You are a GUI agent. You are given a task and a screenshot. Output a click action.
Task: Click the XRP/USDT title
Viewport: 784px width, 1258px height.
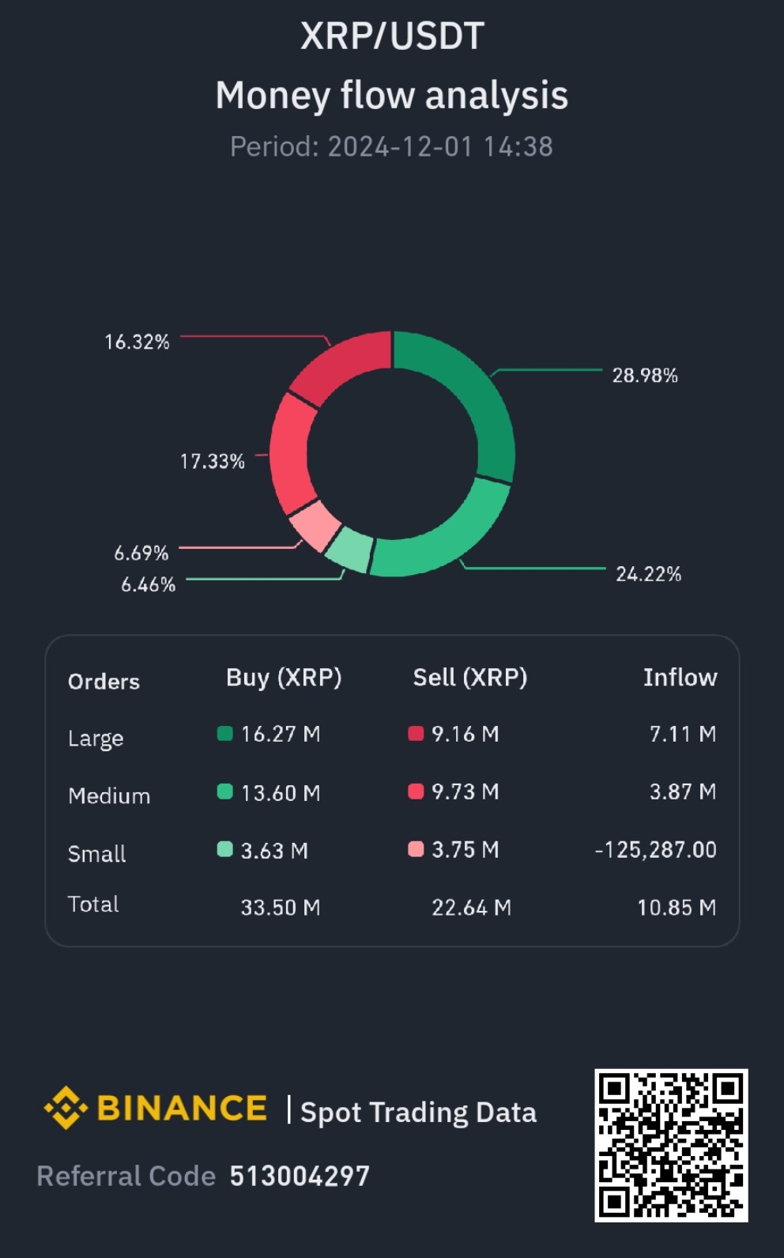click(x=392, y=36)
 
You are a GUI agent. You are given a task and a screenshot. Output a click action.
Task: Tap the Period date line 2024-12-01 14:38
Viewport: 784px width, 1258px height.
click(x=391, y=146)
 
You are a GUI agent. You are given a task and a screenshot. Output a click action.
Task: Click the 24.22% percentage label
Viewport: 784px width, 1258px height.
click(x=648, y=574)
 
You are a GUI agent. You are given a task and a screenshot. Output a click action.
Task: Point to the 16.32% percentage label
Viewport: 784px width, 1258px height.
click(x=137, y=342)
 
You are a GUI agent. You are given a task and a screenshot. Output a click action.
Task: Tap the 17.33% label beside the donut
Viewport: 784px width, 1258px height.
click(x=212, y=461)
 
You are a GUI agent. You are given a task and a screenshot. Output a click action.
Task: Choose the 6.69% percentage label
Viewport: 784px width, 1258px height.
click(x=141, y=553)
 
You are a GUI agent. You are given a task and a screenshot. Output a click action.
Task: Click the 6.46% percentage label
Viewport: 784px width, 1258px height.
click(x=148, y=584)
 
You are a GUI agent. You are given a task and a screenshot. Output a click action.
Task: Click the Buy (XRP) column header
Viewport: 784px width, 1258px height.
click(x=284, y=678)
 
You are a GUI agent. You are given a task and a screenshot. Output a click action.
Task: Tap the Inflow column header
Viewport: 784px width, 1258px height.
click(x=680, y=678)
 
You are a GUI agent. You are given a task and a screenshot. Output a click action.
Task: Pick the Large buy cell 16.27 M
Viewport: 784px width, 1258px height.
click(x=280, y=735)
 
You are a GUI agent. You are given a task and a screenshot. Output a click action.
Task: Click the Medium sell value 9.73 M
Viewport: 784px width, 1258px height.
click(x=465, y=792)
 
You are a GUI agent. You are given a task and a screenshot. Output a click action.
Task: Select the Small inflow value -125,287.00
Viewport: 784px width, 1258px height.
click(x=655, y=850)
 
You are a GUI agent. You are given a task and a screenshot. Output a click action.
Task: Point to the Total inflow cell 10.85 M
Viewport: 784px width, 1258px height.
click(x=677, y=908)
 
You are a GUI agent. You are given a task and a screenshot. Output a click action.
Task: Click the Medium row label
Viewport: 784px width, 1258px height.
click(x=109, y=795)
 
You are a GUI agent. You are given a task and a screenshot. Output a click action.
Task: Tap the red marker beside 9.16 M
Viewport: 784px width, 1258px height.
click(x=416, y=734)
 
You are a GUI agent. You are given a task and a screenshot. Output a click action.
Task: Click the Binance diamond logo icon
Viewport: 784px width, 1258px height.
click(x=66, y=1108)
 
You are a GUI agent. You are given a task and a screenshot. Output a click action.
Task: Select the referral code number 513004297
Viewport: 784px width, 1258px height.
click(x=300, y=1177)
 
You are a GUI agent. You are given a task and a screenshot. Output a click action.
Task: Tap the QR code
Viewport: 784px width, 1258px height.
click(x=671, y=1145)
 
